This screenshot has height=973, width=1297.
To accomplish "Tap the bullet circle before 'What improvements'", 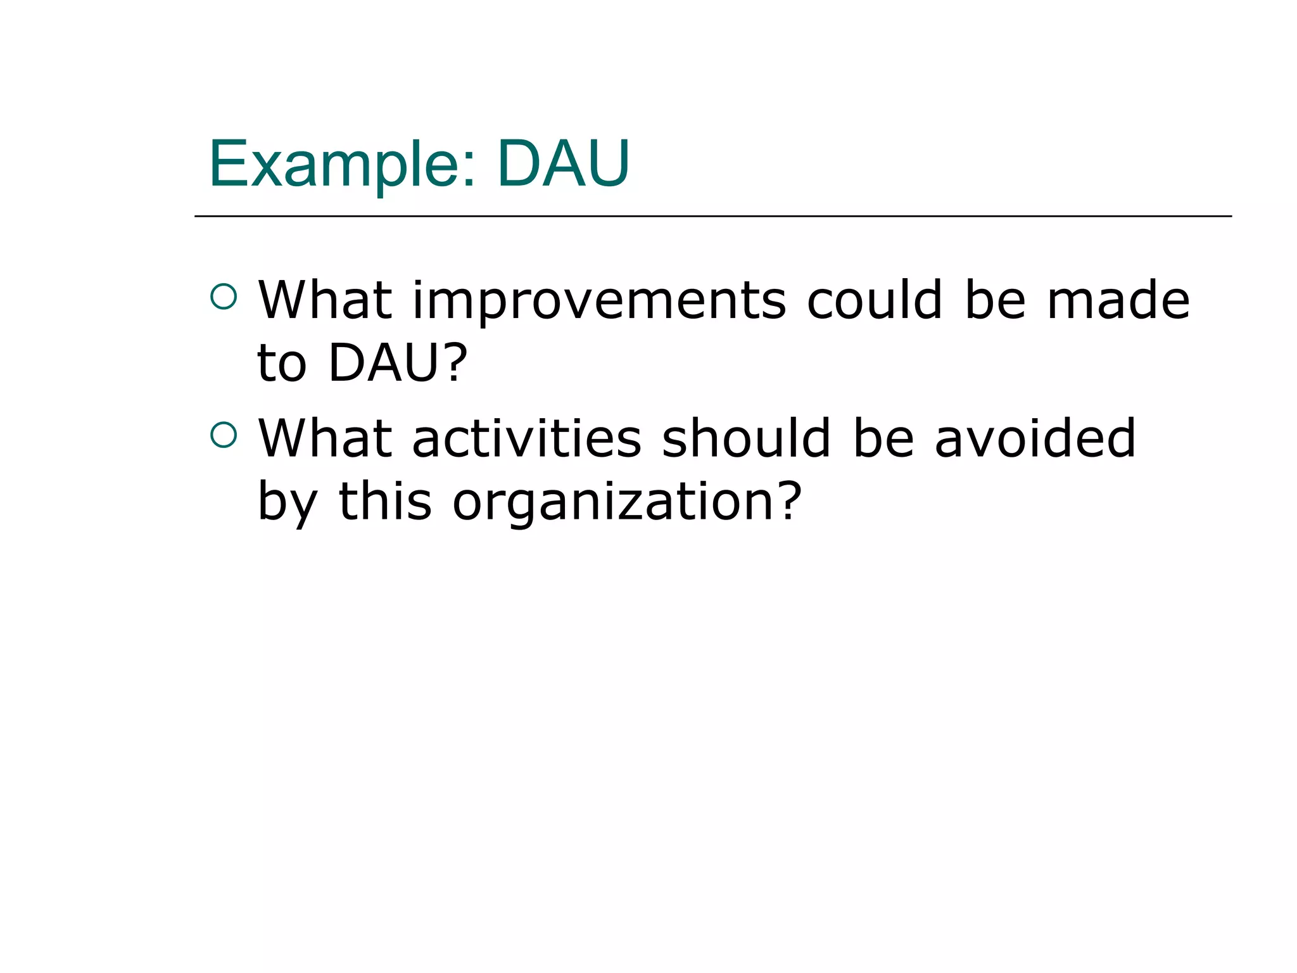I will click(224, 296).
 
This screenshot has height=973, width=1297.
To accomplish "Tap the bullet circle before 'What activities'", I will click(224, 435).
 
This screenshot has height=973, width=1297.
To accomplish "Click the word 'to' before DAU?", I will click(281, 364).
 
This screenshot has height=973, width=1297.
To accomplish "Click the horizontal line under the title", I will click(712, 216).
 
